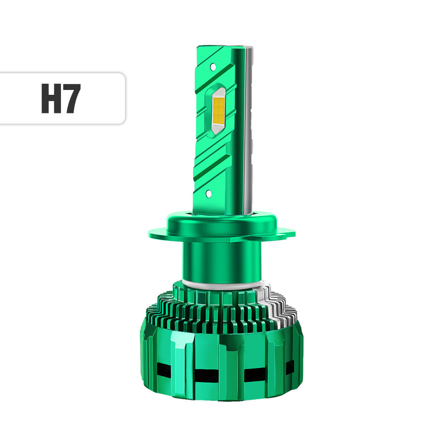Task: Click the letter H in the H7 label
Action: [x=51, y=98]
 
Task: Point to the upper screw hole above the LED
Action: [x=213, y=67]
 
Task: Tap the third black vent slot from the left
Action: [x=254, y=374]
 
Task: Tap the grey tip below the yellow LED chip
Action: [x=217, y=127]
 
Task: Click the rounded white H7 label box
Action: [x=62, y=98]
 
